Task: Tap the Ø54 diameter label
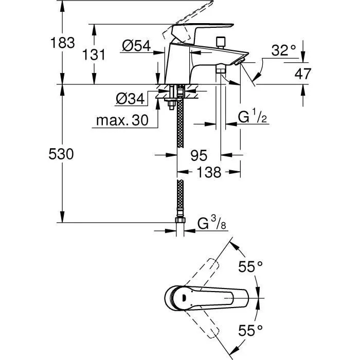136,46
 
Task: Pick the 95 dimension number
199,154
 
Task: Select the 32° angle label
283,50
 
